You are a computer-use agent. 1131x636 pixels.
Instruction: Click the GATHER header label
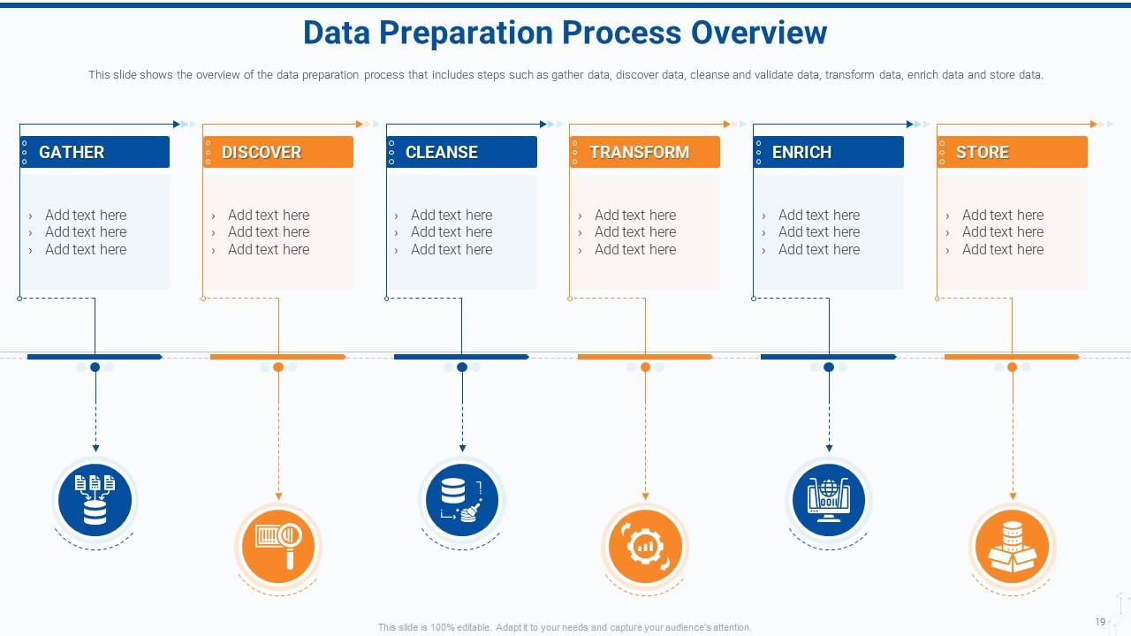72,152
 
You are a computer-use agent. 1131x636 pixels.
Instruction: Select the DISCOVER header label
262,152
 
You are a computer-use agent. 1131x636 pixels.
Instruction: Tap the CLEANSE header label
441,152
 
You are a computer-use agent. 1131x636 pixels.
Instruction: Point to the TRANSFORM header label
639,152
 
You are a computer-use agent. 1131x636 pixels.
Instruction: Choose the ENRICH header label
801,152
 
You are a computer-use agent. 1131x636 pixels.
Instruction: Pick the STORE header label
982,152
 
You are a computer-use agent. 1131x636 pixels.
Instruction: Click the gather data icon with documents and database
95,500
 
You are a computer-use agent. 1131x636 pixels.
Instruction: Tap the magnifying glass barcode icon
278,547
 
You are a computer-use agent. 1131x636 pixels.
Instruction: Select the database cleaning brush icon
461,500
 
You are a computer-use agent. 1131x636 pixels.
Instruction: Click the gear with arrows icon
645,547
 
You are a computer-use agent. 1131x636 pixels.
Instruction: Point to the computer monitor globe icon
829,500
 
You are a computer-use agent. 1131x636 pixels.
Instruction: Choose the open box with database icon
1012,547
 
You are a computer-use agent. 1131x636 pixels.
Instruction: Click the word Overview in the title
759,33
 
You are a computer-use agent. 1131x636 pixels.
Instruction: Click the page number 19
1100,622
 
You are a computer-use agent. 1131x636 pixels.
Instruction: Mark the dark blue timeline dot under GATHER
95,367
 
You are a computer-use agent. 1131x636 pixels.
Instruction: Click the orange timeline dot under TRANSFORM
645,367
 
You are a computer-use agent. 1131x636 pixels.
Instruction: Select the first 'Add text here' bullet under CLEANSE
452,215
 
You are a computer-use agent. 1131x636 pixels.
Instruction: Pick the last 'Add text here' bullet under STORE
1003,249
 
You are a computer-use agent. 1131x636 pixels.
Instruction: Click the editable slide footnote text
565,627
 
